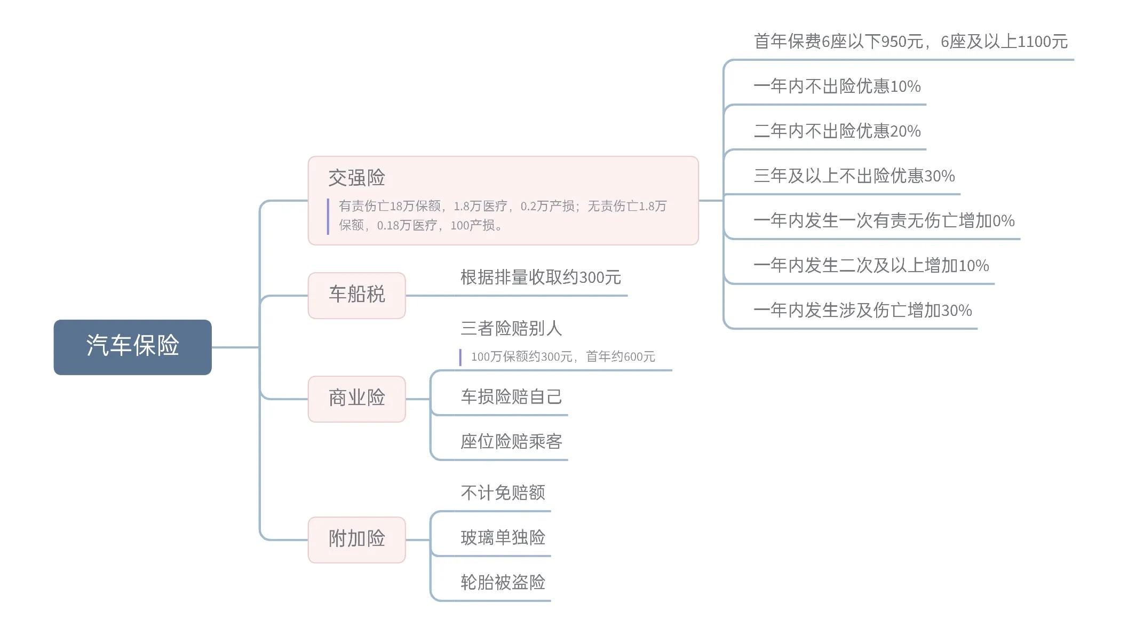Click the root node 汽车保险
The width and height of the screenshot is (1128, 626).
132,346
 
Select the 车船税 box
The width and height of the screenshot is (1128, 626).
356,295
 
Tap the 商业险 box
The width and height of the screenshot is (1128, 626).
356,398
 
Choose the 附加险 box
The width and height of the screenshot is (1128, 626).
356,539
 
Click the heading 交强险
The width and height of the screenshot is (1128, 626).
356,178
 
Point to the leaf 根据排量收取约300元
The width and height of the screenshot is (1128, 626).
540,278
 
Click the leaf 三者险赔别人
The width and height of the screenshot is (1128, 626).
511,328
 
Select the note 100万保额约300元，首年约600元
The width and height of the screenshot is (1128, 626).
562,356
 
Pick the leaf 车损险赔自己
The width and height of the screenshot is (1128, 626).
511,397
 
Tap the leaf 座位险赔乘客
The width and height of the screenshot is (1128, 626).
511,441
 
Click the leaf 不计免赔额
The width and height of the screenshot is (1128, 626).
503,493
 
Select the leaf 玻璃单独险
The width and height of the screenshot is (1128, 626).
503,537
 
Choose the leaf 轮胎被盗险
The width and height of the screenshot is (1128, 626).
503,582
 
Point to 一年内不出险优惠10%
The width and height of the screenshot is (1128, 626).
837,86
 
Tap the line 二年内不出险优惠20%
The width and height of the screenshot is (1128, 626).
837,131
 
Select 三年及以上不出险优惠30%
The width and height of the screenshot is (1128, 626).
854,176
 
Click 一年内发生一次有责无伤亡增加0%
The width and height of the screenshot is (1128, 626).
884,221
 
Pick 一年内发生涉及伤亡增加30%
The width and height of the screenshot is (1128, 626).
862,311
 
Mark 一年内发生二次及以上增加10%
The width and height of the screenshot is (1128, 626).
871,266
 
